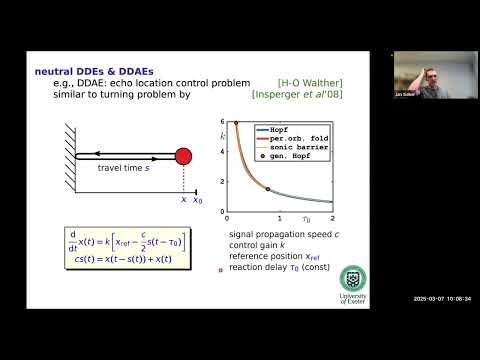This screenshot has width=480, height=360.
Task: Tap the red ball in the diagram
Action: [183, 156]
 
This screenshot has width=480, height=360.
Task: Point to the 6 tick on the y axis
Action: [221, 121]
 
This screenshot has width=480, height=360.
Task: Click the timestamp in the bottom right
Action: [441, 298]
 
